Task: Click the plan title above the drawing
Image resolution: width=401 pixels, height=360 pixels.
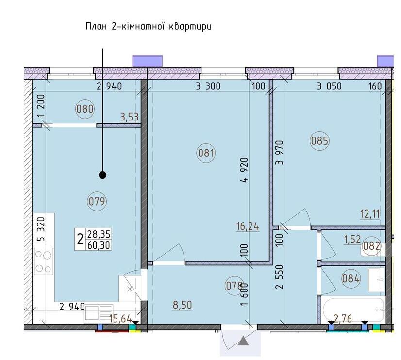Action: pos(149,27)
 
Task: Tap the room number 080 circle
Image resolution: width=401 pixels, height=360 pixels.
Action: pos(85,109)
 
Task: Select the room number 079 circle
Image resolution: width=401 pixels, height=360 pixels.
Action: pos(97,201)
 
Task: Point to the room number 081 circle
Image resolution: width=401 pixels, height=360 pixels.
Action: pos(206,153)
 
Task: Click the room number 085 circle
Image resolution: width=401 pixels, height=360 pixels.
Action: pos(319,141)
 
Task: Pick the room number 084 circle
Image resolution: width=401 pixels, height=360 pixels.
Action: pos(351,278)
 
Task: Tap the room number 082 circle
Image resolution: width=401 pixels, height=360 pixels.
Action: pos(371,246)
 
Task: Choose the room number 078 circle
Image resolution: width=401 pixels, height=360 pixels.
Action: pos(234,286)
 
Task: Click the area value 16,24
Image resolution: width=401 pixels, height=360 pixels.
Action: pos(248,226)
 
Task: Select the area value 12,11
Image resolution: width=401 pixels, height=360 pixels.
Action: pos(370,214)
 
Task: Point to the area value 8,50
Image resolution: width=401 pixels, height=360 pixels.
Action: pos(183,305)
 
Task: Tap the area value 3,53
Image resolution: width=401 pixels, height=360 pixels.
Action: pos(130,117)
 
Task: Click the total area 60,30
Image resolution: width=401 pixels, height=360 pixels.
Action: pos(99,245)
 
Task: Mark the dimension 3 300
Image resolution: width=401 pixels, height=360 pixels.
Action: pos(208,86)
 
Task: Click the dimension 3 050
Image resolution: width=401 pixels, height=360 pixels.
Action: pos(329,86)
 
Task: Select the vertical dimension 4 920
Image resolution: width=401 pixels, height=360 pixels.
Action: pos(245,170)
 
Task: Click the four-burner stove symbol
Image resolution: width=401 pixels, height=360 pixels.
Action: pos(44,261)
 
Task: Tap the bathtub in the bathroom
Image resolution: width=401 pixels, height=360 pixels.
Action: pos(354,309)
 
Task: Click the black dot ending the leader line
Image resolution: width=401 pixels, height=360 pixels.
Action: pos(102,175)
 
